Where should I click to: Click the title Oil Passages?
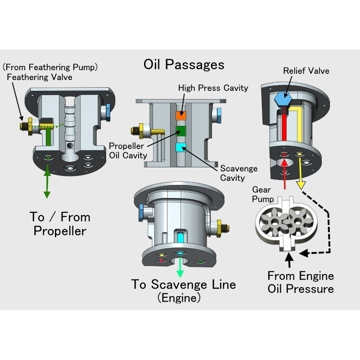(184, 65)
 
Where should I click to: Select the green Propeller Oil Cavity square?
(181, 131)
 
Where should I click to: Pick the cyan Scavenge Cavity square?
(181, 147)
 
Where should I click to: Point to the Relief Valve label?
(306, 71)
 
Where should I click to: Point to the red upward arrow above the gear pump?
(285, 181)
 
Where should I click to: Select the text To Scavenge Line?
(184, 284)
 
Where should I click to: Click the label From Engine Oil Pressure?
(301, 282)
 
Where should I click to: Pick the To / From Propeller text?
(60, 224)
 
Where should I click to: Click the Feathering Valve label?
(39, 77)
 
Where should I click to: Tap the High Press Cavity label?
(213, 88)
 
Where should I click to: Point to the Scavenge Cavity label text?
(238, 173)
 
